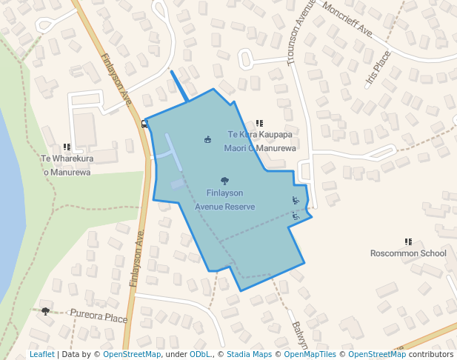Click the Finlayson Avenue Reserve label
pos(224,200)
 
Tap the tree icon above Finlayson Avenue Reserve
pos(224,181)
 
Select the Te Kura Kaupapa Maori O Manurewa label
pos(260,141)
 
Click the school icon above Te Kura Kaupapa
pos(259,124)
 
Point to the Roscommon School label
pos(408,253)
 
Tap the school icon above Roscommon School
pos(408,241)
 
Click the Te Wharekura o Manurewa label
pos(65,165)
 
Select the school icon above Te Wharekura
pos(67,147)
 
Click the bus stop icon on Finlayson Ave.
pos(144,124)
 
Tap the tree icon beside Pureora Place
pos(46,311)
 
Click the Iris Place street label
pos(378,70)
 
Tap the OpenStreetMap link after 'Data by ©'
pos(132,354)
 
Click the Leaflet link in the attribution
pos(41,354)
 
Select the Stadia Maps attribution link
pos(249,354)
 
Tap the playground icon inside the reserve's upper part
pos(207,139)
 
